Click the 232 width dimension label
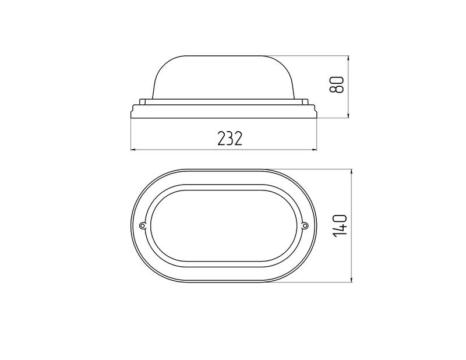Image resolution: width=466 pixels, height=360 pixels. pos(230,138)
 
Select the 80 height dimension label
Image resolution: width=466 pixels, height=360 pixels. pos(337,84)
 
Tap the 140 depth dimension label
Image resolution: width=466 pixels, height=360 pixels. pos(340,225)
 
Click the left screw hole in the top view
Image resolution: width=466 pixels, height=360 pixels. pos(143,226)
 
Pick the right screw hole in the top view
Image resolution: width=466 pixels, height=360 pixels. pos(305,226)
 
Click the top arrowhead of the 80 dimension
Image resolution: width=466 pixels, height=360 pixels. pos(348,59)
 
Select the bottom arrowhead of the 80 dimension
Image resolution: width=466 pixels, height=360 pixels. pos(348,114)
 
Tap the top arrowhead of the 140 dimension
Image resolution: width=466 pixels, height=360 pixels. pos(352,173)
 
